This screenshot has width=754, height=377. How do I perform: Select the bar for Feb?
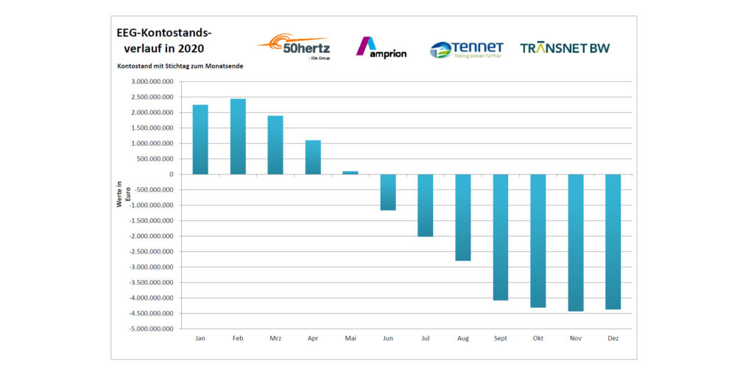238,136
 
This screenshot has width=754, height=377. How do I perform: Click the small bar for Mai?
350,172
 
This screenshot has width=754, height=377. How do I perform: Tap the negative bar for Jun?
388,192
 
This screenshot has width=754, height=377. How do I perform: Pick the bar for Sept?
501,237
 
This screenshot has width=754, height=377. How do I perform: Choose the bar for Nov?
576,242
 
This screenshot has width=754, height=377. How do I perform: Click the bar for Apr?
313,157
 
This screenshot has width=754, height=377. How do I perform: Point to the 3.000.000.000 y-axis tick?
153,82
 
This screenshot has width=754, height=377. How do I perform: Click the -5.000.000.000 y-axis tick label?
152,329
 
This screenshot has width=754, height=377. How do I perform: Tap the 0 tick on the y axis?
171,175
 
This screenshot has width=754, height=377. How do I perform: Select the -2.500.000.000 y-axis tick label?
152,252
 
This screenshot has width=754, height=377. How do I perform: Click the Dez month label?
613,339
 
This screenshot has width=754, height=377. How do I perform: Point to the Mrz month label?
275,339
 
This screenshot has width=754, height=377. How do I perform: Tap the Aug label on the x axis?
463,339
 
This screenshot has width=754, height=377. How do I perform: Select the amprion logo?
381,48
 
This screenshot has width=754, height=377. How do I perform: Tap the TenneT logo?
467,49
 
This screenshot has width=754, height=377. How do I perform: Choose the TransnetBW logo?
565,49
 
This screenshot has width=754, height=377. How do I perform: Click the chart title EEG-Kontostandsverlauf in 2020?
163,40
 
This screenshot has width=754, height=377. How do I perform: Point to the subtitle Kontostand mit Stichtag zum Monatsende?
180,66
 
